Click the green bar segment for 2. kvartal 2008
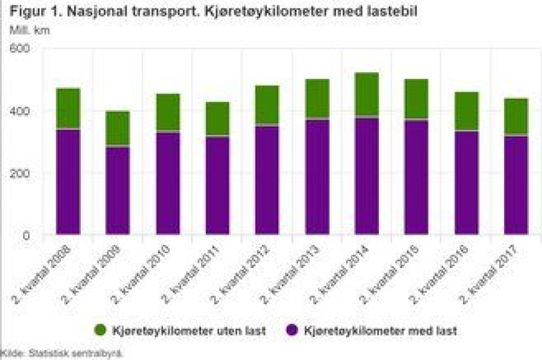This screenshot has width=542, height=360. pyautogui.click(x=68, y=108)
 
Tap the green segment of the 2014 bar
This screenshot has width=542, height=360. pyautogui.click(x=366, y=94)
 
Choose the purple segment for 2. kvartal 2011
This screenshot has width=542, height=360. pyautogui.click(x=217, y=185)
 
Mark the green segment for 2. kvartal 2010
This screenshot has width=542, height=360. pyautogui.click(x=168, y=112)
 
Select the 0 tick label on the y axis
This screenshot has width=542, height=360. pyautogui.click(x=26, y=235)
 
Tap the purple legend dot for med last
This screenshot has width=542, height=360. pyautogui.click(x=293, y=330)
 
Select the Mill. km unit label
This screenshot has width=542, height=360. pyautogui.click(x=29, y=30)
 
